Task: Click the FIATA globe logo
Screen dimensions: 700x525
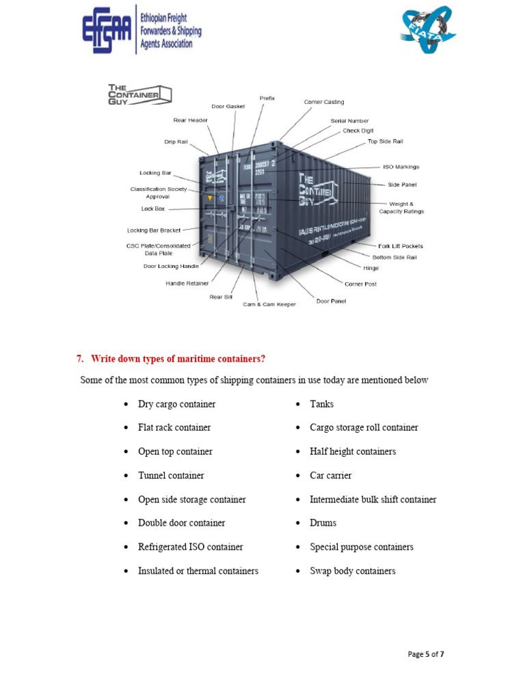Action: (x=427, y=30)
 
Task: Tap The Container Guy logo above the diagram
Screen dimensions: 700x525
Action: (x=139, y=94)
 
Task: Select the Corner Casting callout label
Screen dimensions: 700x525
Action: (x=324, y=102)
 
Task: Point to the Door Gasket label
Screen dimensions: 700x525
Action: (x=228, y=106)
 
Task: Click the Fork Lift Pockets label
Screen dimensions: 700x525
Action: (x=401, y=246)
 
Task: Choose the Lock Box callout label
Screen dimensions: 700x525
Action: (x=153, y=208)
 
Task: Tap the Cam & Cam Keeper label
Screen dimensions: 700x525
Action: (x=269, y=304)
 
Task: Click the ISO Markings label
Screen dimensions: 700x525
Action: (x=401, y=167)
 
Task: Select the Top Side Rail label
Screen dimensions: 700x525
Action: (x=385, y=142)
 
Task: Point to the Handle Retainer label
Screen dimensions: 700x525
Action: (x=187, y=283)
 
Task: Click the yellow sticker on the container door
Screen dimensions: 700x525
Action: (x=210, y=198)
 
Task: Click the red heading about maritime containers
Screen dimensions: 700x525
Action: (x=177, y=358)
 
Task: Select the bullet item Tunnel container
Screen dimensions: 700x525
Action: (x=171, y=475)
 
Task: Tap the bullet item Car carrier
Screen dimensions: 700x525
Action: (x=330, y=475)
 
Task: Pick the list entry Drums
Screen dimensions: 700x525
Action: (x=323, y=523)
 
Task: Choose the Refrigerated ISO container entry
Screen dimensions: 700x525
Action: (x=190, y=547)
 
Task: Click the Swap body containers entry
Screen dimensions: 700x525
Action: (x=352, y=571)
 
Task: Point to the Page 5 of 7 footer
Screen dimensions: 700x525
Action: (x=426, y=654)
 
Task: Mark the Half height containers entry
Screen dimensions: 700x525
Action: (x=353, y=451)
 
